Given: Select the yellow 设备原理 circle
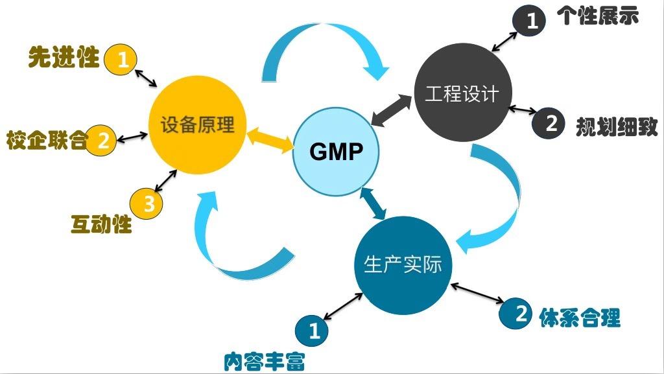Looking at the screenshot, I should click(x=197, y=125).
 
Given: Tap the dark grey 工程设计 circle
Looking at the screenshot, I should click(x=462, y=94).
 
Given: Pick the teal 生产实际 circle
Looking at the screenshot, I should click(x=403, y=265).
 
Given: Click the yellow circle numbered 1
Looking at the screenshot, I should click(x=123, y=60).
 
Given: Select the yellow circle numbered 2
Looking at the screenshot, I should click(x=102, y=139).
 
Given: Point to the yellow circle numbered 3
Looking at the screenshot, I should click(x=147, y=204).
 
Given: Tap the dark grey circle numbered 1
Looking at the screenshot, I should click(x=531, y=21).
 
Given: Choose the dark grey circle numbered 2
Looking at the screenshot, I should click(x=549, y=123).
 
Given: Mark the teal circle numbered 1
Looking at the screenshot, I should click(x=313, y=331).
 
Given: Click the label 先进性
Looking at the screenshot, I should click(x=64, y=58).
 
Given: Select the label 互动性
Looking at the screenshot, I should click(x=101, y=224).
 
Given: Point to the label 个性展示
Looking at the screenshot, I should click(x=597, y=16).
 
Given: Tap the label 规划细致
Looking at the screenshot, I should click(x=617, y=126).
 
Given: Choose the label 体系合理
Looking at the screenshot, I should click(x=580, y=318).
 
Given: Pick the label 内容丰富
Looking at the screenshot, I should click(x=263, y=360).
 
